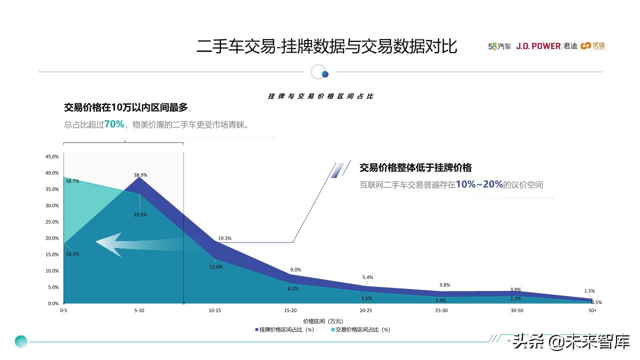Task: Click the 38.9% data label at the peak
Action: (140, 175)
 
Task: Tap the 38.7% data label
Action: (72, 181)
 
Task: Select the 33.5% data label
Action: (140, 214)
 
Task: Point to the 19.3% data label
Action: (225, 238)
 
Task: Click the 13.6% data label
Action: (216, 266)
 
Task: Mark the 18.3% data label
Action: (72, 254)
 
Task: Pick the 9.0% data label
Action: (295, 270)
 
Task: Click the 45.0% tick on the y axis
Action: (52, 156)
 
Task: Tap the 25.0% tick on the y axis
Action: (52, 222)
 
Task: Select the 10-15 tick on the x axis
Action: (215, 310)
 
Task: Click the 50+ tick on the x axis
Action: (592, 310)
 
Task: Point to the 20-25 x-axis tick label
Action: (366, 310)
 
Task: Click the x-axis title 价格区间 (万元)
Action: (322, 320)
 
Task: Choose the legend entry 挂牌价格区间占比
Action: (284, 330)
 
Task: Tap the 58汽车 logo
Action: (499, 46)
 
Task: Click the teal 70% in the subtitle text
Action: (114, 124)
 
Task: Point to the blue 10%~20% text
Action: (479, 184)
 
